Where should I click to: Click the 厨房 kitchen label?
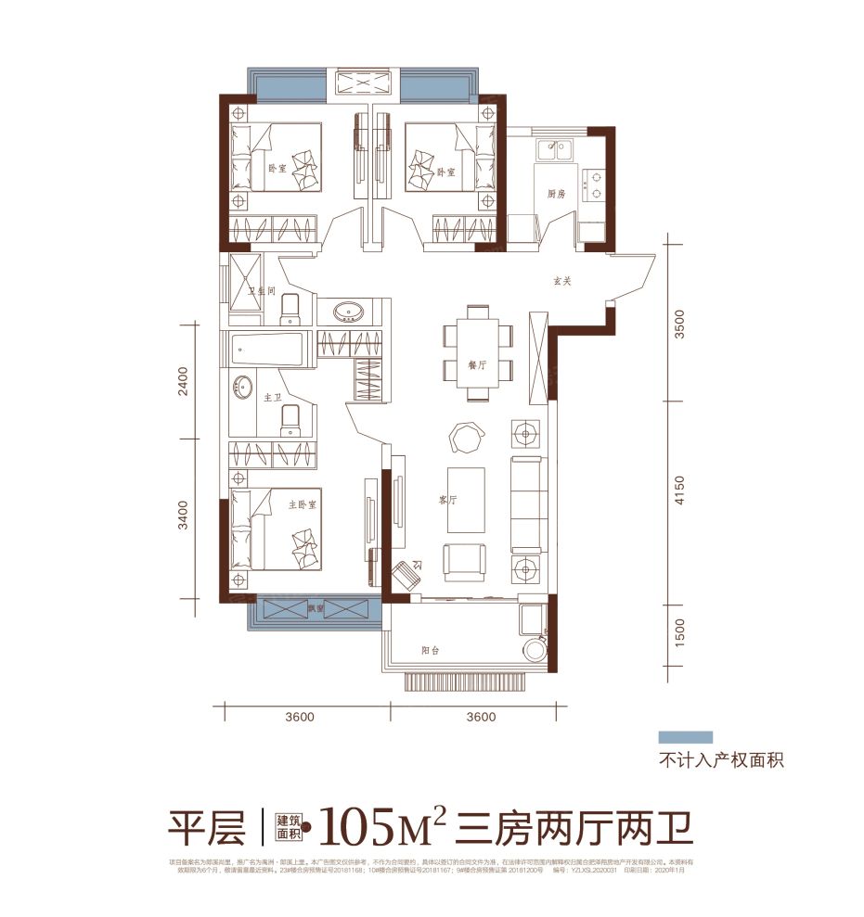coord(557,194)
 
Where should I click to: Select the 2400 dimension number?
coord(184,381)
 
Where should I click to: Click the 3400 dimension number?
coord(184,515)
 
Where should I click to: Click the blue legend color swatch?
coord(685,737)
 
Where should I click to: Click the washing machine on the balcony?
coord(534,646)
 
